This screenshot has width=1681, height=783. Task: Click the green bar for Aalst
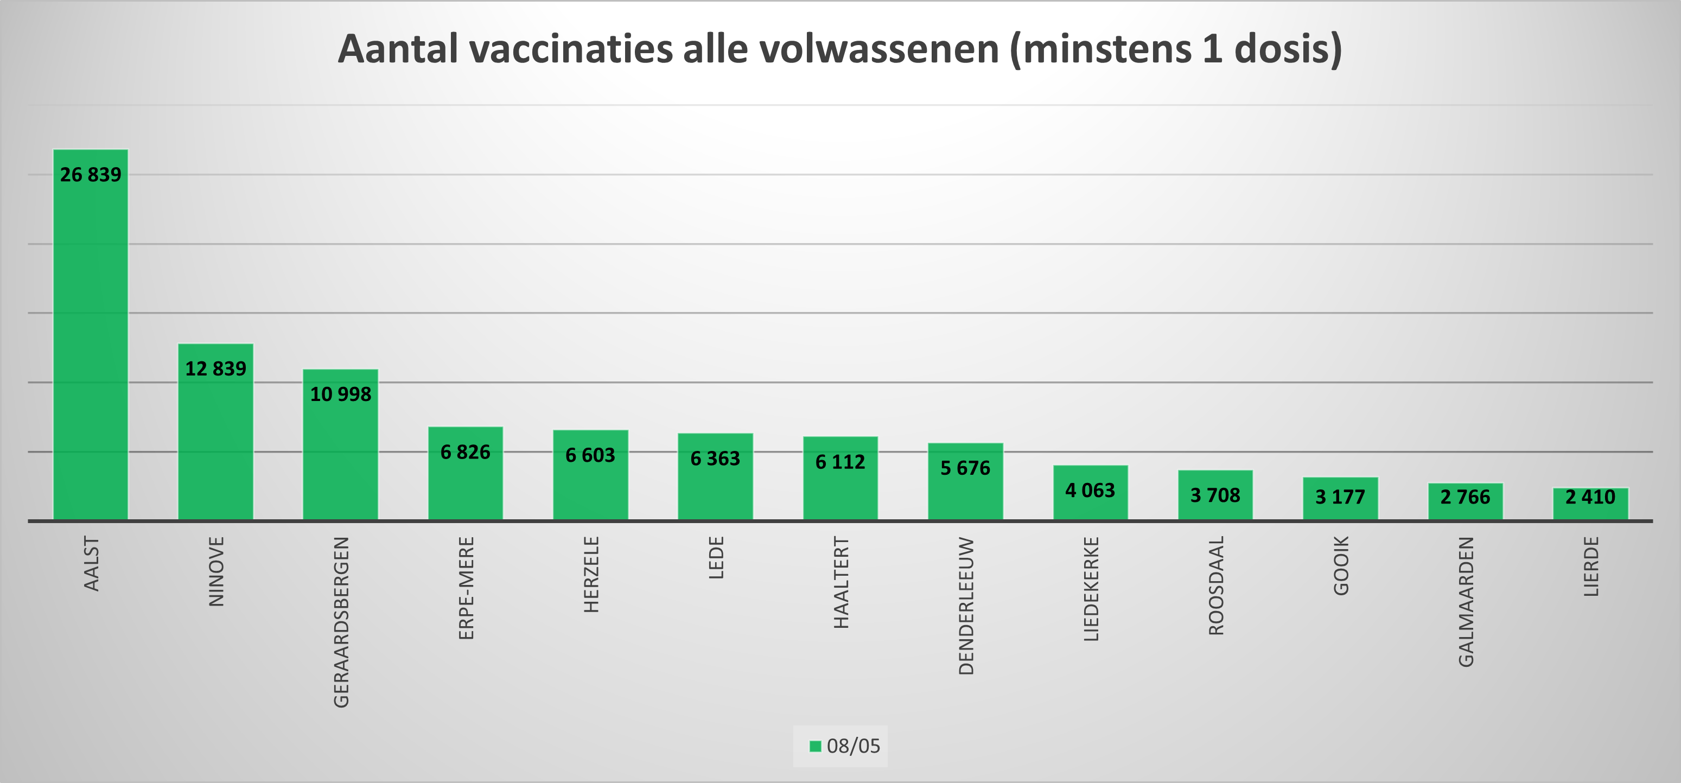(91, 339)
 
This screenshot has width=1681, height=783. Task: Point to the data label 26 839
(91, 175)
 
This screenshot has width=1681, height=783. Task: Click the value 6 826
(465, 452)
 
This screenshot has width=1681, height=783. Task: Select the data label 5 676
(965, 468)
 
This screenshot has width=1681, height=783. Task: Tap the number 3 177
(1340, 497)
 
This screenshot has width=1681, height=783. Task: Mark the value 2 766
(1465, 497)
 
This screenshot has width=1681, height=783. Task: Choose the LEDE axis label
(716, 557)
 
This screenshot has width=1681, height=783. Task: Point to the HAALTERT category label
(841, 582)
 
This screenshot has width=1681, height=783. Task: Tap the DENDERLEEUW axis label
(966, 606)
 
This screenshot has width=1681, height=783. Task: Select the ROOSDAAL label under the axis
(1217, 585)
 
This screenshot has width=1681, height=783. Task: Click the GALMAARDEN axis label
(1466, 602)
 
